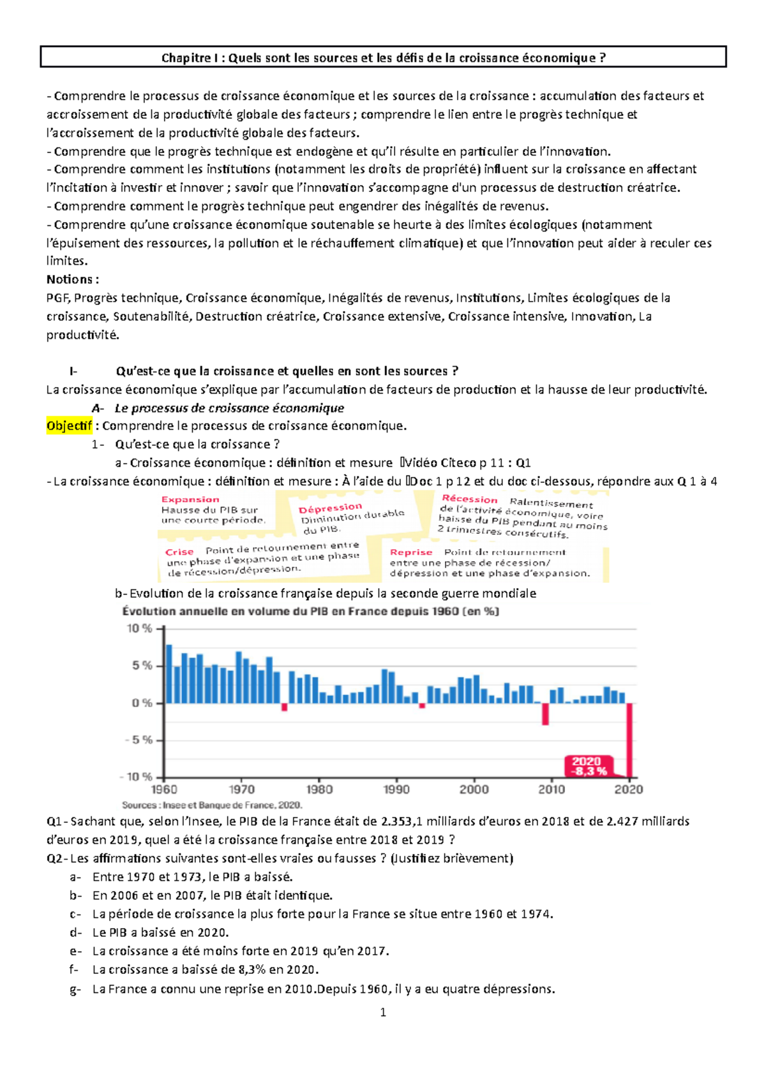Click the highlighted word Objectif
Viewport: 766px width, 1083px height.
pyautogui.click(x=69, y=426)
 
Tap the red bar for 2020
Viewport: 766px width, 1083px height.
pyautogui.click(x=629, y=740)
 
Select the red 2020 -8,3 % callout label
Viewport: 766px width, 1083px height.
pyautogui.click(x=587, y=766)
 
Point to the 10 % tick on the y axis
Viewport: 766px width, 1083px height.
pyautogui.click(x=139, y=629)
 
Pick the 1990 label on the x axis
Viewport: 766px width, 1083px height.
pyautogui.click(x=396, y=790)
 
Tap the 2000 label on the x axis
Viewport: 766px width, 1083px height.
pyautogui.click(x=474, y=790)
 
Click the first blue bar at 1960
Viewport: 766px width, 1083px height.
pyautogui.click(x=169, y=674)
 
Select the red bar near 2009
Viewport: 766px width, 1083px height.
pyautogui.click(x=545, y=714)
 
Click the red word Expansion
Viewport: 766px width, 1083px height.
pyautogui.click(x=190, y=499)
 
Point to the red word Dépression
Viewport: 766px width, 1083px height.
pyautogui.click(x=330, y=508)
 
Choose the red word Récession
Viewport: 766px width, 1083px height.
pyautogui.click(x=469, y=499)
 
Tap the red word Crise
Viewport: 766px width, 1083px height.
pyautogui.click(x=179, y=552)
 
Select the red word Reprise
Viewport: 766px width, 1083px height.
pyautogui.click(x=411, y=552)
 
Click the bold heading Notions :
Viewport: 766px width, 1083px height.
pyautogui.click(x=72, y=279)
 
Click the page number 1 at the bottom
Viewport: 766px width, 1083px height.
pyautogui.click(x=383, y=1012)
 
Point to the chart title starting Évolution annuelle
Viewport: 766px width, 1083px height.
pyautogui.click(x=310, y=611)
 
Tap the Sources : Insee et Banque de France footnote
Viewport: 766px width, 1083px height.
pyautogui.click(x=212, y=806)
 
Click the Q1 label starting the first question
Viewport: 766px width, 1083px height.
pyautogui.click(x=55, y=821)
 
